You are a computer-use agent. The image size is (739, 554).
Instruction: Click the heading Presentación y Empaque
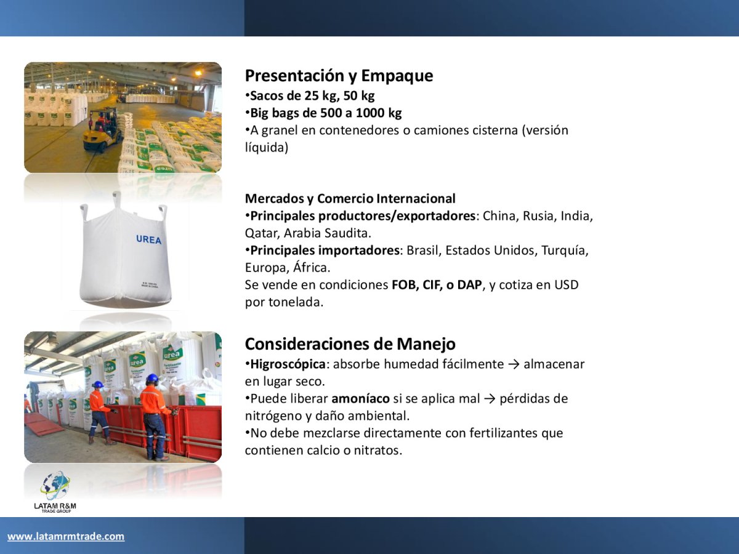pos(339,76)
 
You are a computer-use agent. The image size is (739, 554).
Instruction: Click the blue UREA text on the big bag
pos(149,239)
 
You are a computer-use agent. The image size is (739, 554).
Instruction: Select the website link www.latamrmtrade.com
pos(66,536)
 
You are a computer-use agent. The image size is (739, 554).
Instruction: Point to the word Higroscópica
pos(288,364)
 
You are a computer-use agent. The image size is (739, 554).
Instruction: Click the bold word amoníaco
pos(361,399)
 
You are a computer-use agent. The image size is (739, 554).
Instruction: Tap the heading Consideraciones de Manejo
pos(350,343)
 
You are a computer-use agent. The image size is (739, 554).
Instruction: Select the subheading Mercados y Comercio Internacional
pos(350,198)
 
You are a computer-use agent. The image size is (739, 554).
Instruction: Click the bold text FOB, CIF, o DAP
pos(437,285)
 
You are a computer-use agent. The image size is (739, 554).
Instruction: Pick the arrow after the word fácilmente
pos(514,364)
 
